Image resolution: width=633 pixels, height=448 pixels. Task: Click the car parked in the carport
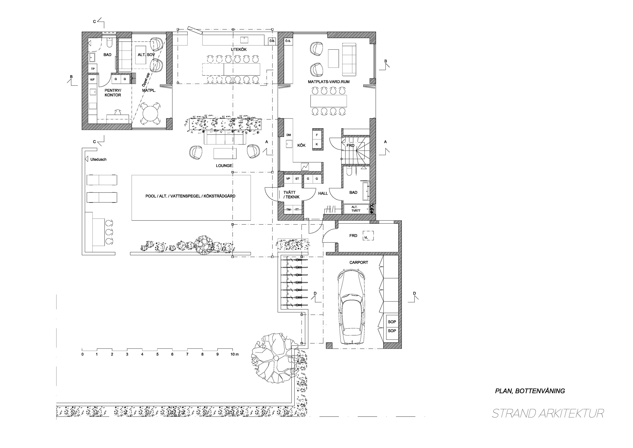tap(351, 307)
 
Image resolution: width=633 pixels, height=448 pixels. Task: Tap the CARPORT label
tap(359, 262)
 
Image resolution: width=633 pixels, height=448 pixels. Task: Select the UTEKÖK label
tap(239, 50)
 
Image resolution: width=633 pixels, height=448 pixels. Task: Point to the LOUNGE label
tap(224, 166)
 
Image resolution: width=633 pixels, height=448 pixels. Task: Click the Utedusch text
tap(98, 159)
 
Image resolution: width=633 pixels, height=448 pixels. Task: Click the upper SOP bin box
tap(392, 322)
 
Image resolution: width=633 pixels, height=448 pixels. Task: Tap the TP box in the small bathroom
tap(93, 69)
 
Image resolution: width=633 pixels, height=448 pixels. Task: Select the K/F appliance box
tap(92, 80)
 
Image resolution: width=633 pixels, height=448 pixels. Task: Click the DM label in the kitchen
tap(289, 135)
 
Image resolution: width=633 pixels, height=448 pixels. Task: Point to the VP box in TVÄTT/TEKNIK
tap(288, 179)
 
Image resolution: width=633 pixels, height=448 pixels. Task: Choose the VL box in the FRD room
tap(368, 236)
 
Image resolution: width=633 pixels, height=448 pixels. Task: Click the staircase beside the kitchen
tap(356, 149)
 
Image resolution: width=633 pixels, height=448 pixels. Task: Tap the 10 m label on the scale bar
tap(235, 354)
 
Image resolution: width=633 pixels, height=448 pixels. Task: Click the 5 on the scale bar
tap(157, 354)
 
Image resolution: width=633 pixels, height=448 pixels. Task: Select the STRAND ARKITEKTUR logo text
tap(548, 413)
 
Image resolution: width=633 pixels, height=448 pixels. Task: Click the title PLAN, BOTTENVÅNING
tap(530, 391)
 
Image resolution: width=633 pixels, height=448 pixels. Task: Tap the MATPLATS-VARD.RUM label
tap(329, 82)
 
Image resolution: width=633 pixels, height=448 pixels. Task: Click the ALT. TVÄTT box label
tap(356, 209)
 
